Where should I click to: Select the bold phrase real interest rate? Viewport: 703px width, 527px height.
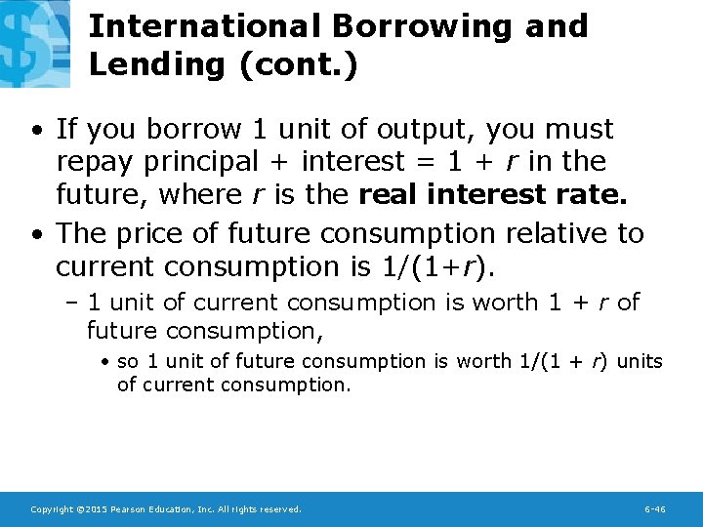[493, 193]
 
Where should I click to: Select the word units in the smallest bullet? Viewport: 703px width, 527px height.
[641, 361]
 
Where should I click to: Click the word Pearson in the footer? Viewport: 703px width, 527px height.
[129, 509]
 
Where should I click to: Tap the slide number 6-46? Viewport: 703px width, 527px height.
[655, 509]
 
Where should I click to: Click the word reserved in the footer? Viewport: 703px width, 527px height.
[280, 509]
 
